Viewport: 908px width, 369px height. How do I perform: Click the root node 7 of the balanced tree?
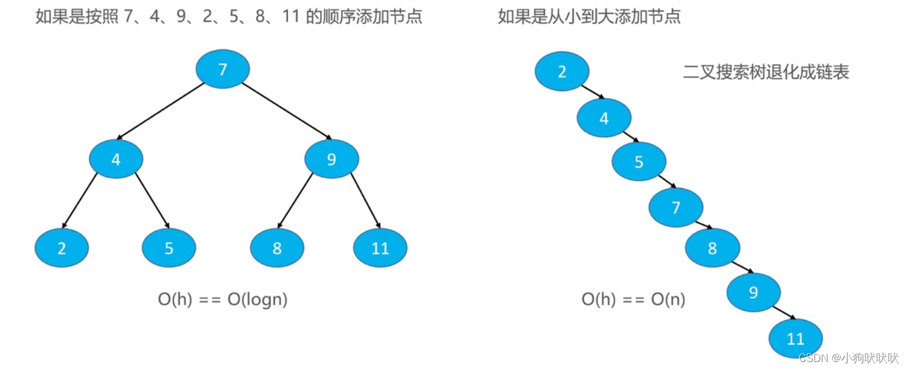[x=223, y=69]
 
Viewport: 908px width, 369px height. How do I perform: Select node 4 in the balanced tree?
[x=116, y=159]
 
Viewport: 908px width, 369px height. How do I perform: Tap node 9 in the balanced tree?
[x=332, y=159]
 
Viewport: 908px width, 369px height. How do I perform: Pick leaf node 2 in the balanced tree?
[x=62, y=248]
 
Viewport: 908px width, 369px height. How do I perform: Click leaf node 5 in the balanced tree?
[x=169, y=248]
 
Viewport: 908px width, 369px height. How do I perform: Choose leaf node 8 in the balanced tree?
[x=277, y=248]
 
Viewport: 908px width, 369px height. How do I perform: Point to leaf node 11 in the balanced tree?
[x=380, y=248]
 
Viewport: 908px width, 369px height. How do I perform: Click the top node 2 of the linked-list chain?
[x=562, y=72]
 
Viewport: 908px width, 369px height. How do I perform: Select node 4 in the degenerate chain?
[x=604, y=118]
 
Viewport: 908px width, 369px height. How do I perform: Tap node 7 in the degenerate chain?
[x=676, y=207]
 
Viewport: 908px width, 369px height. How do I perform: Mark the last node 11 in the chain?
[x=795, y=339]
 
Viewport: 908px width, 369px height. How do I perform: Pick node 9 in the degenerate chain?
[x=753, y=291]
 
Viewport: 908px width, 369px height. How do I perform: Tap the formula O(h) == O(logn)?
[x=223, y=300]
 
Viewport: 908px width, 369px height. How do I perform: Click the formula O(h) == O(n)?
[x=633, y=300]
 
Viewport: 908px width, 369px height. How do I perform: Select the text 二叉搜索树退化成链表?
[x=766, y=72]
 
